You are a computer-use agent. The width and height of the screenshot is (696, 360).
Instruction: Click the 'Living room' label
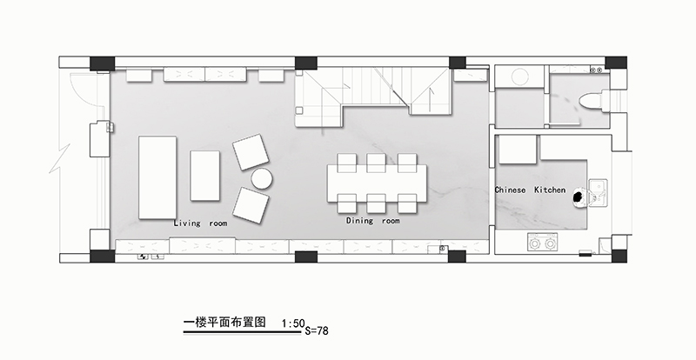click(x=200, y=223)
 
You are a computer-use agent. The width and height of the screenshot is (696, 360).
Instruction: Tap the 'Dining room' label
click(x=373, y=221)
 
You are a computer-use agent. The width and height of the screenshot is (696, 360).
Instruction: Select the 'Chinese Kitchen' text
click(x=531, y=190)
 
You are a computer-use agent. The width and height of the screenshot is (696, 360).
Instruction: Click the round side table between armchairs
click(x=262, y=178)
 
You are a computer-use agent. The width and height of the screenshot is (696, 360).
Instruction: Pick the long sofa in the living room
click(x=157, y=177)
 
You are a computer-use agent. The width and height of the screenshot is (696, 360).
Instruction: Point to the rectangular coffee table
click(x=205, y=176)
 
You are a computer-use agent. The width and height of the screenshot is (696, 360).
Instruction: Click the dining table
click(x=378, y=183)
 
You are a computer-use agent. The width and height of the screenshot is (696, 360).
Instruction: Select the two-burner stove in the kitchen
click(x=543, y=243)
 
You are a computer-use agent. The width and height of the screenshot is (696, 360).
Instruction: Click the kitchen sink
click(x=598, y=193)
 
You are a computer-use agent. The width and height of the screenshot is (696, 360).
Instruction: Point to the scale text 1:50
click(x=293, y=323)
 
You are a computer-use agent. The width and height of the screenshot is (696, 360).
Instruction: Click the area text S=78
click(x=317, y=330)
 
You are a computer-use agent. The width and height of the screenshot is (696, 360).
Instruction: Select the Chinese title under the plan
click(x=224, y=322)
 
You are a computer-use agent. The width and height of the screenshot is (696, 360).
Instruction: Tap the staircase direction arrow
click(x=431, y=100)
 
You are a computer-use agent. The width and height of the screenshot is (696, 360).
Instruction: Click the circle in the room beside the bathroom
click(x=520, y=77)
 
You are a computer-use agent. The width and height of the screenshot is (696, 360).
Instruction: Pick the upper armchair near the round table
click(x=251, y=152)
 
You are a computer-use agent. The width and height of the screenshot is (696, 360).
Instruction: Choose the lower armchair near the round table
click(x=251, y=205)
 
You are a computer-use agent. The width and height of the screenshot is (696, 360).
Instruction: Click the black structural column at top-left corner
click(x=102, y=63)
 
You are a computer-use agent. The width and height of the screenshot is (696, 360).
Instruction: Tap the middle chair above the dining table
click(x=376, y=163)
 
